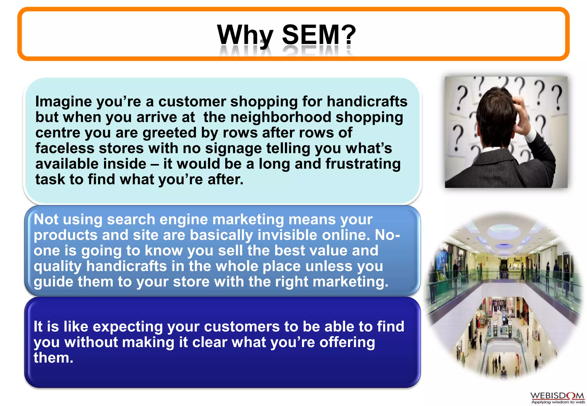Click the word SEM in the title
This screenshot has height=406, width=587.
click(311, 35)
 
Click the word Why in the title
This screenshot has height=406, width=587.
click(245, 35)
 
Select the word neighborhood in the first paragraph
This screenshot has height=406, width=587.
click(281, 117)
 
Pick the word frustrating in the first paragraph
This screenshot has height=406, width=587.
click(363, 164)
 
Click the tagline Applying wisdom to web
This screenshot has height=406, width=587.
click(558, 402)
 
